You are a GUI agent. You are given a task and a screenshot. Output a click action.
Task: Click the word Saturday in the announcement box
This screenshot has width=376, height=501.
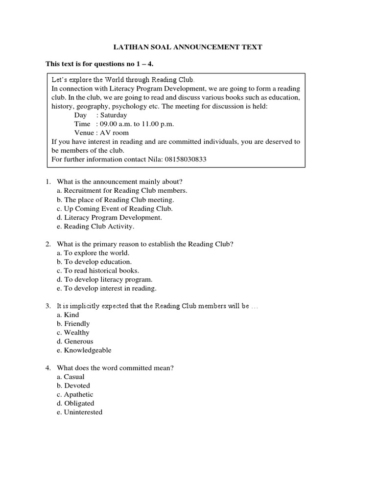pyautogui.click(x=114, y=115)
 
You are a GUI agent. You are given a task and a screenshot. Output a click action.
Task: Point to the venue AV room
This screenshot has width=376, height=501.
pyautogui.click(x=115, y=133)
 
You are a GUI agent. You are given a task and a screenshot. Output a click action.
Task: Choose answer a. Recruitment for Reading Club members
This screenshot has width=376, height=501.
pyautogui.click(x=122, y=191)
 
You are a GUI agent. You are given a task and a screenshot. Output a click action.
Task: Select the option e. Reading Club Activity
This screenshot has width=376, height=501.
pyautogui.click(x=95, y=226)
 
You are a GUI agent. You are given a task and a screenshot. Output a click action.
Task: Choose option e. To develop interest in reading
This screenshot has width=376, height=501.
pyautogui.click(x=107, y=288)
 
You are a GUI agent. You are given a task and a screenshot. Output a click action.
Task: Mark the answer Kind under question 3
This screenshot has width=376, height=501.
pyautogui.click(x=71, y=315)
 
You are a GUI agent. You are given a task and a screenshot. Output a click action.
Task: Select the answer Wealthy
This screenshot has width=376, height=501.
pyautogui.click(x=77, y=332)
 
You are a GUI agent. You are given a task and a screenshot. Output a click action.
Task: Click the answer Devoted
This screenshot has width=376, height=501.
pyautogui.click(x=77, y=386)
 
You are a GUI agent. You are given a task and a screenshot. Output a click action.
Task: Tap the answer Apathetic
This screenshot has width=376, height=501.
pyautogui.click(x=78, y=394)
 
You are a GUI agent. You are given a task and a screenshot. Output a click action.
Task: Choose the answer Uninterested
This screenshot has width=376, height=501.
pyautogui.click(x=83, y=412)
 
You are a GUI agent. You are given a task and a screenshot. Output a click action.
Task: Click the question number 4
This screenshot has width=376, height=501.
pyautogui.click(x=48, y=368)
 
